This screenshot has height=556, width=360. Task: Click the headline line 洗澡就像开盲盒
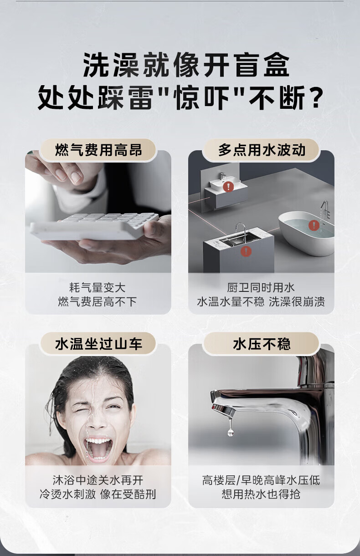[186, 65]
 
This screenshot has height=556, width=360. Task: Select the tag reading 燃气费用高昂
[98, 150]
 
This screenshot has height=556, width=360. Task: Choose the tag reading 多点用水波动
[262, 150]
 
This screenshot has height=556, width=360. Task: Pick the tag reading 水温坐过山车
[98, 344]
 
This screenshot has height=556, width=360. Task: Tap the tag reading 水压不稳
[262, 344]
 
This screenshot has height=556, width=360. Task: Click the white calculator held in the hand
[94, 226]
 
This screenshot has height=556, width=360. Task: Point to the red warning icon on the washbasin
[228, 186]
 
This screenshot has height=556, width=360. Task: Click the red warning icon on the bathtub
[314, 225]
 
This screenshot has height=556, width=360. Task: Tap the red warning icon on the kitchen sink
[246, 251]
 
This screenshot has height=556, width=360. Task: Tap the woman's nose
[98, 419]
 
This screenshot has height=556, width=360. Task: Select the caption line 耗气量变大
[98, 288]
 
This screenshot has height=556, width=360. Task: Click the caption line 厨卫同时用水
[261, 288]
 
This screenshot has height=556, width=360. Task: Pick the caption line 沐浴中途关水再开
[98, 480]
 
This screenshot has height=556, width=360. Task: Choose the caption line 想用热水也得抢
[261, 494]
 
